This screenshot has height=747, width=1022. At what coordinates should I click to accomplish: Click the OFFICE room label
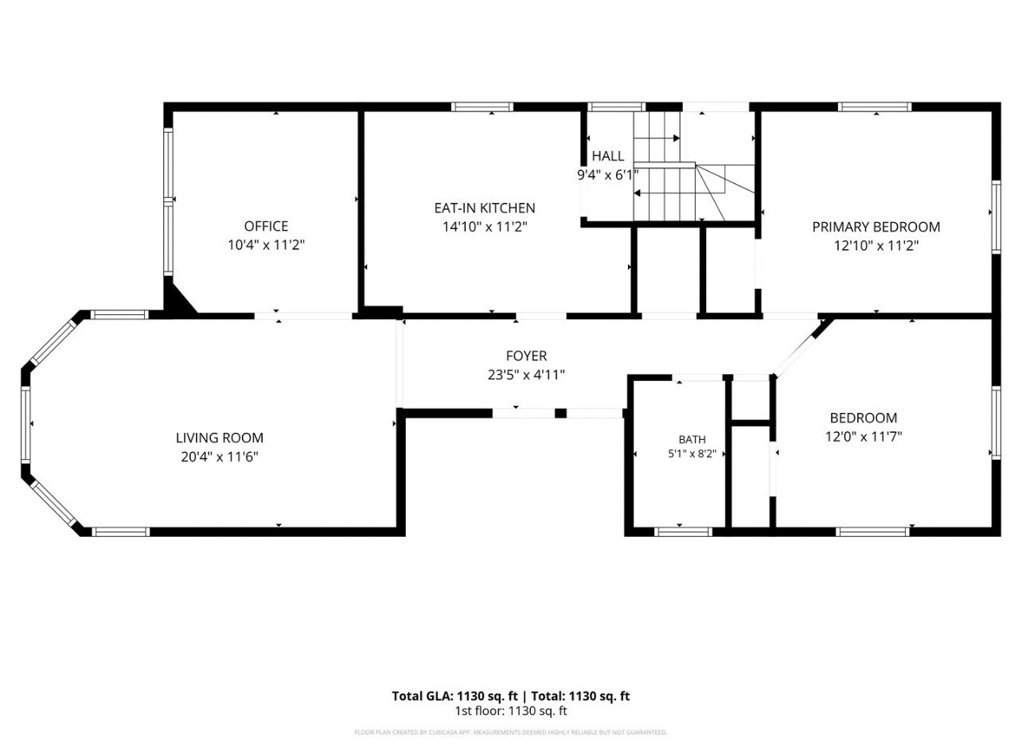click(266, 226)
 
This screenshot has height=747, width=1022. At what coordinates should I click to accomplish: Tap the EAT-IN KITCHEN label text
click(485, 208)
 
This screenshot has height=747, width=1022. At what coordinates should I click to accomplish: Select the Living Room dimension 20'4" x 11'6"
click(220, 457)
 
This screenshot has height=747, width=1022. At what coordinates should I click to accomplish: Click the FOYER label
click(526, 356)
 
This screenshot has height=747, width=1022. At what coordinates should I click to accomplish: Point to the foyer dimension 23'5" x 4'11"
click(526, 375)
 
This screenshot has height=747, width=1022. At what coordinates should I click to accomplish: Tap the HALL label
click(608, 156)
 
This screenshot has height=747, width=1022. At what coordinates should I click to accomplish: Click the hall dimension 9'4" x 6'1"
click(608, 175)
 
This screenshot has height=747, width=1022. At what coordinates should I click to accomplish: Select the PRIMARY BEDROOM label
click(876, 227)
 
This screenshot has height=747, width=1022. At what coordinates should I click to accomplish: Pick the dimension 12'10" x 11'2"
click(876, 246)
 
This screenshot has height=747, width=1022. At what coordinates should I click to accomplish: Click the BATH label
click(692, 440)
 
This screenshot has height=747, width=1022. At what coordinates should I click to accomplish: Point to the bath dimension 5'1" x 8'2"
click(692, 453)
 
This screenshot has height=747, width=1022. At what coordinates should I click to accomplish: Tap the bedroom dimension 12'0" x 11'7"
click(864, 437)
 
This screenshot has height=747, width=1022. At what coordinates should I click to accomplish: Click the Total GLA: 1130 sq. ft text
click(454, 696)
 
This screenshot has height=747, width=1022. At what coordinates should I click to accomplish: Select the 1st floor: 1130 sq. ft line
click(511, 711)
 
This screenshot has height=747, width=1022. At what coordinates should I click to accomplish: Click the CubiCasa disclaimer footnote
click(511, 733)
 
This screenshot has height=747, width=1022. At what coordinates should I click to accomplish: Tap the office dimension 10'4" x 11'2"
click(266, 245)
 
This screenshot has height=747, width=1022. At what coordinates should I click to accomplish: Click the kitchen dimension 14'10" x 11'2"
click(485, 227)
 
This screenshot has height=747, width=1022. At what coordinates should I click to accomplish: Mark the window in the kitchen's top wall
click(482, 107)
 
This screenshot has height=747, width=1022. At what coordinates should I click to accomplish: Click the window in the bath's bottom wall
click(683, 531)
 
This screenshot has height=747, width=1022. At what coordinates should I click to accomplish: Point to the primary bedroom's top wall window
click(875, 107)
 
